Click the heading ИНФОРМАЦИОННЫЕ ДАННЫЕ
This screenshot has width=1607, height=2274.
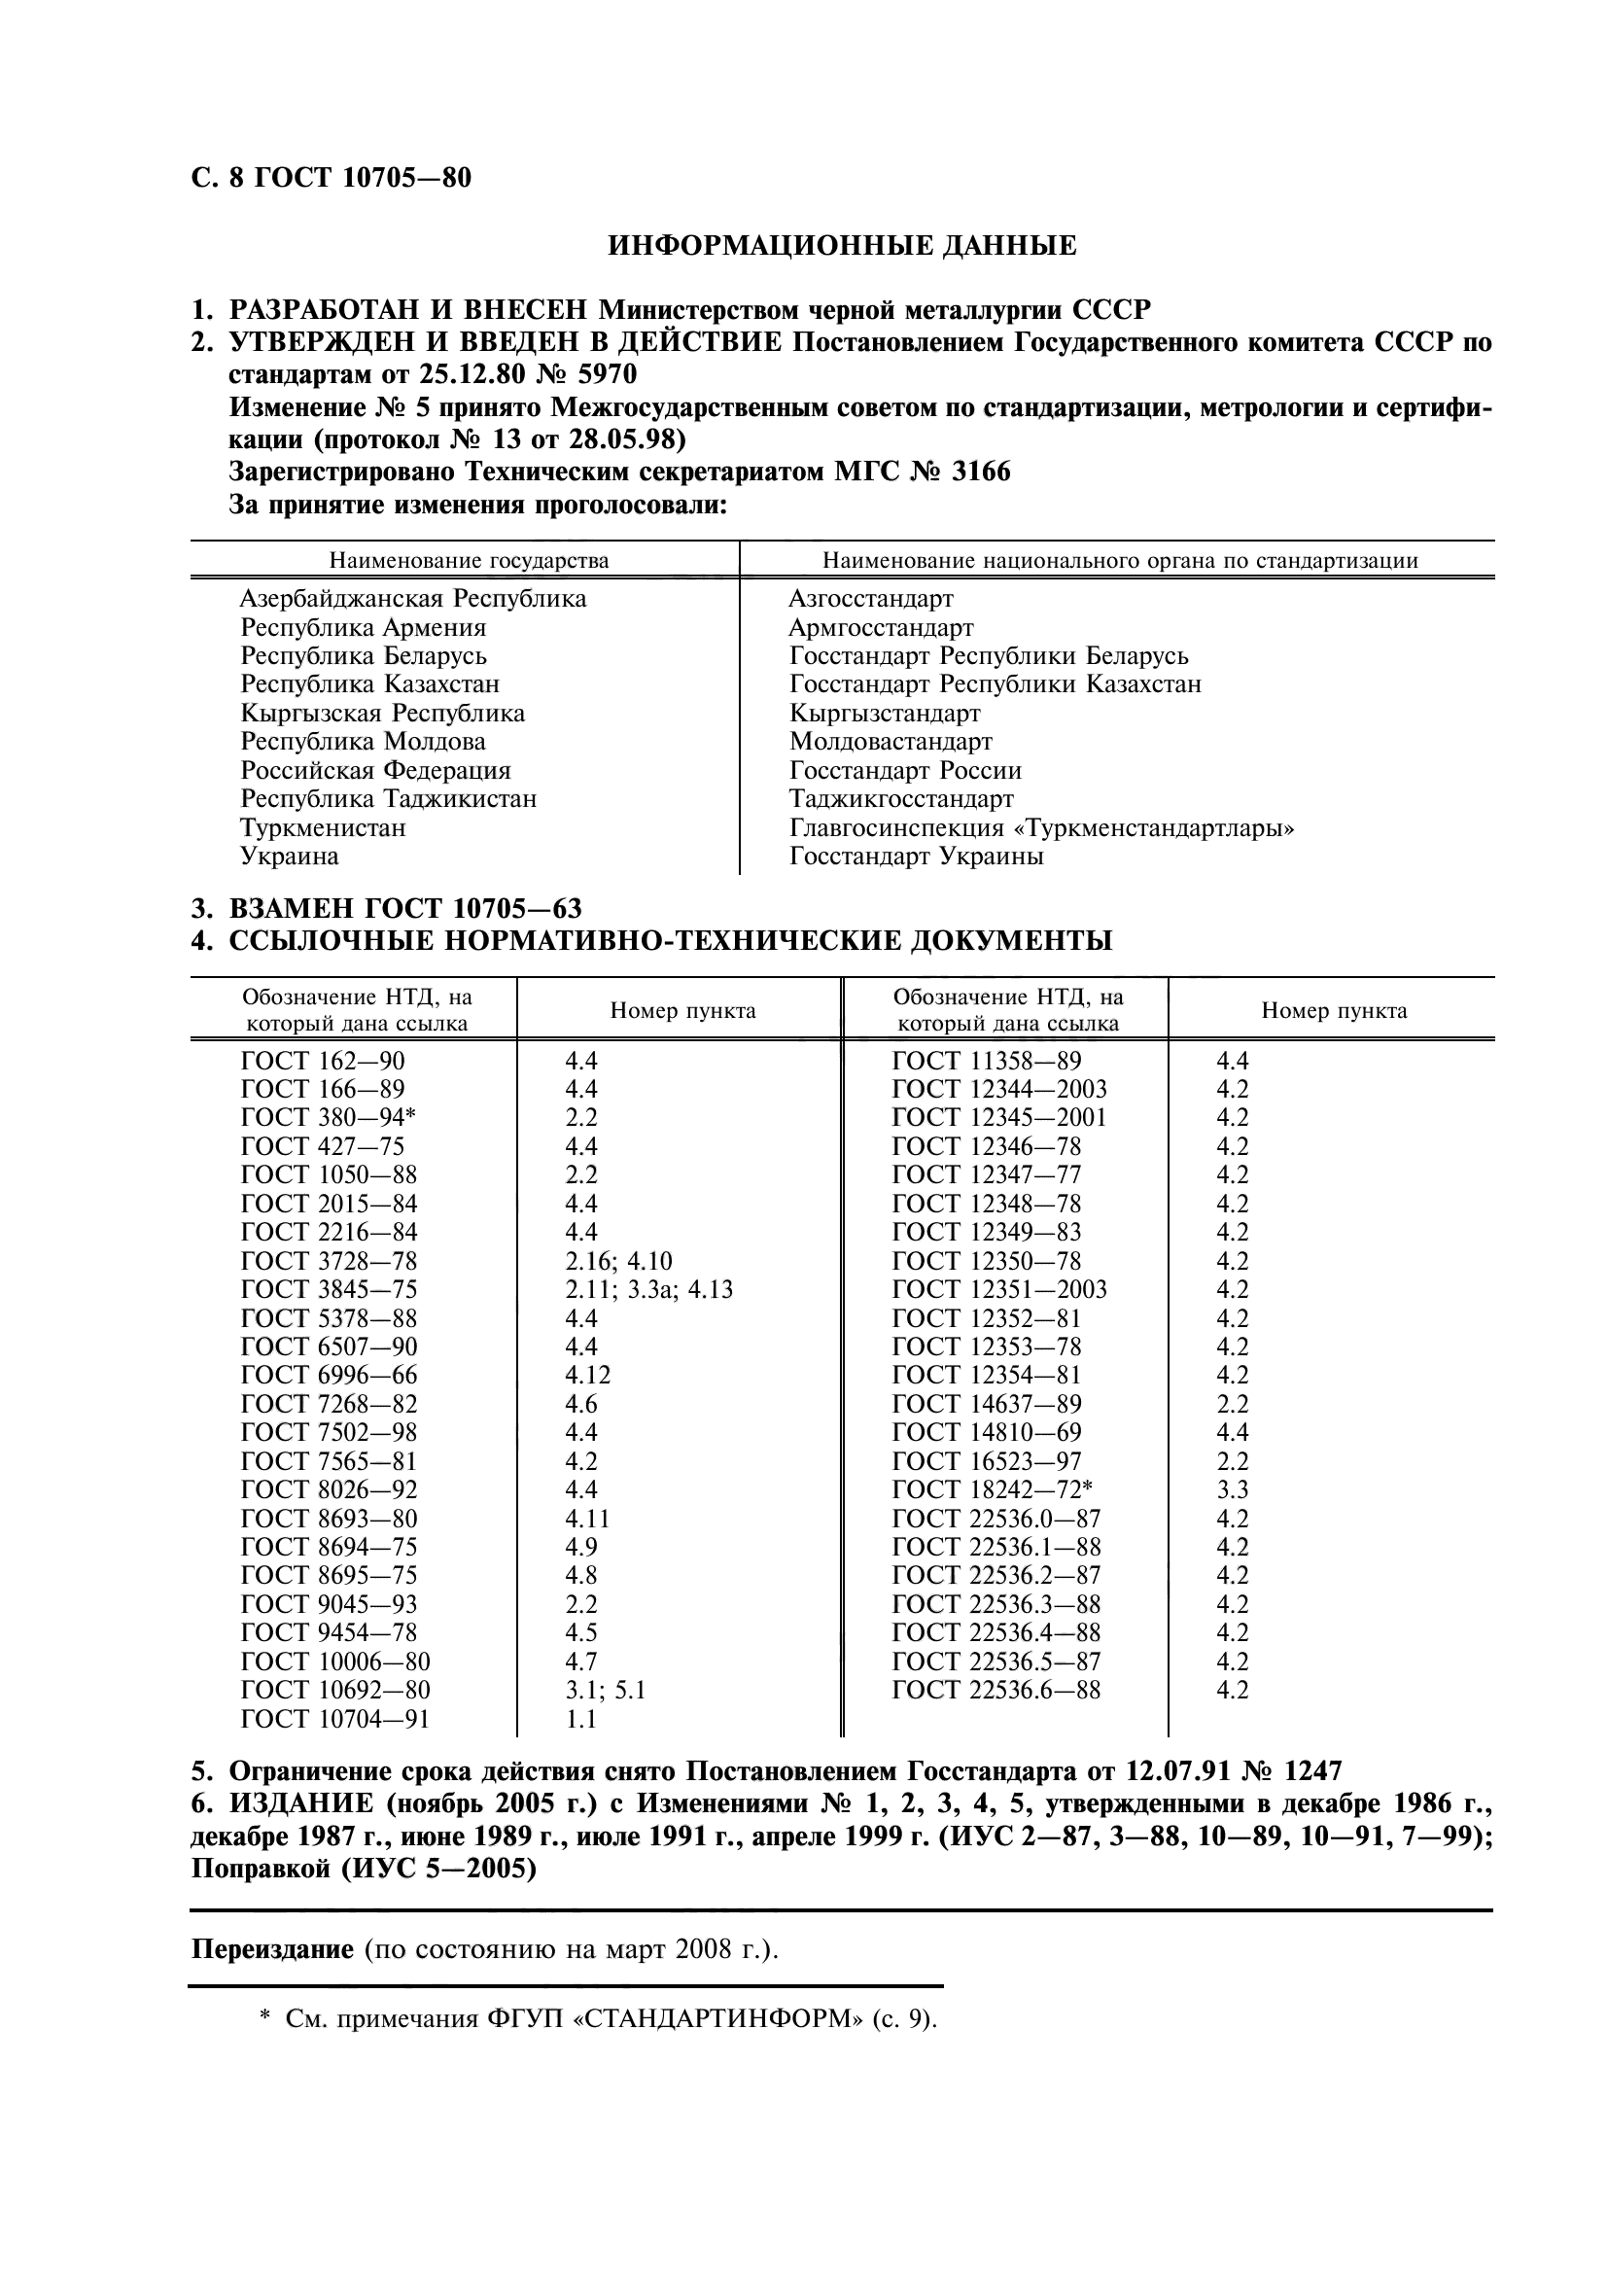pyautogui.click(x=841, y=246)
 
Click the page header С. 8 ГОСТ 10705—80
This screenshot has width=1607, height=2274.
pyautogui.click(x=331, y=178)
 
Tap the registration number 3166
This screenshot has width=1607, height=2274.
pyautogui.click(x=980, y=472)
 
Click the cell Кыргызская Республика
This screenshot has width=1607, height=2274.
pyautogui.click(x=382, y=713)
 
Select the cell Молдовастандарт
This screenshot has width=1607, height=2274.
pyautogui.click(x=891, y=742)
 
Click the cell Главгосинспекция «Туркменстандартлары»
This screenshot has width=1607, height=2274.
pyautogui.click(x=1041, y=828)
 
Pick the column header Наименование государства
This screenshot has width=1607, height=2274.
pyautogui.click(x=469, y=561)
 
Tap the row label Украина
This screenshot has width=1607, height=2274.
pyautogui.click(x=289, y=857)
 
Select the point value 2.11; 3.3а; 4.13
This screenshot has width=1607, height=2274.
pyautogui.click(x=648, y=1289)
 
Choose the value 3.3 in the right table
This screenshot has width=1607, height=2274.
pyautogui.click(x=1232, y=1489)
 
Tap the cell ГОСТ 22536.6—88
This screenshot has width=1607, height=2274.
pyautogui.click(x=996, y=1691)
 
